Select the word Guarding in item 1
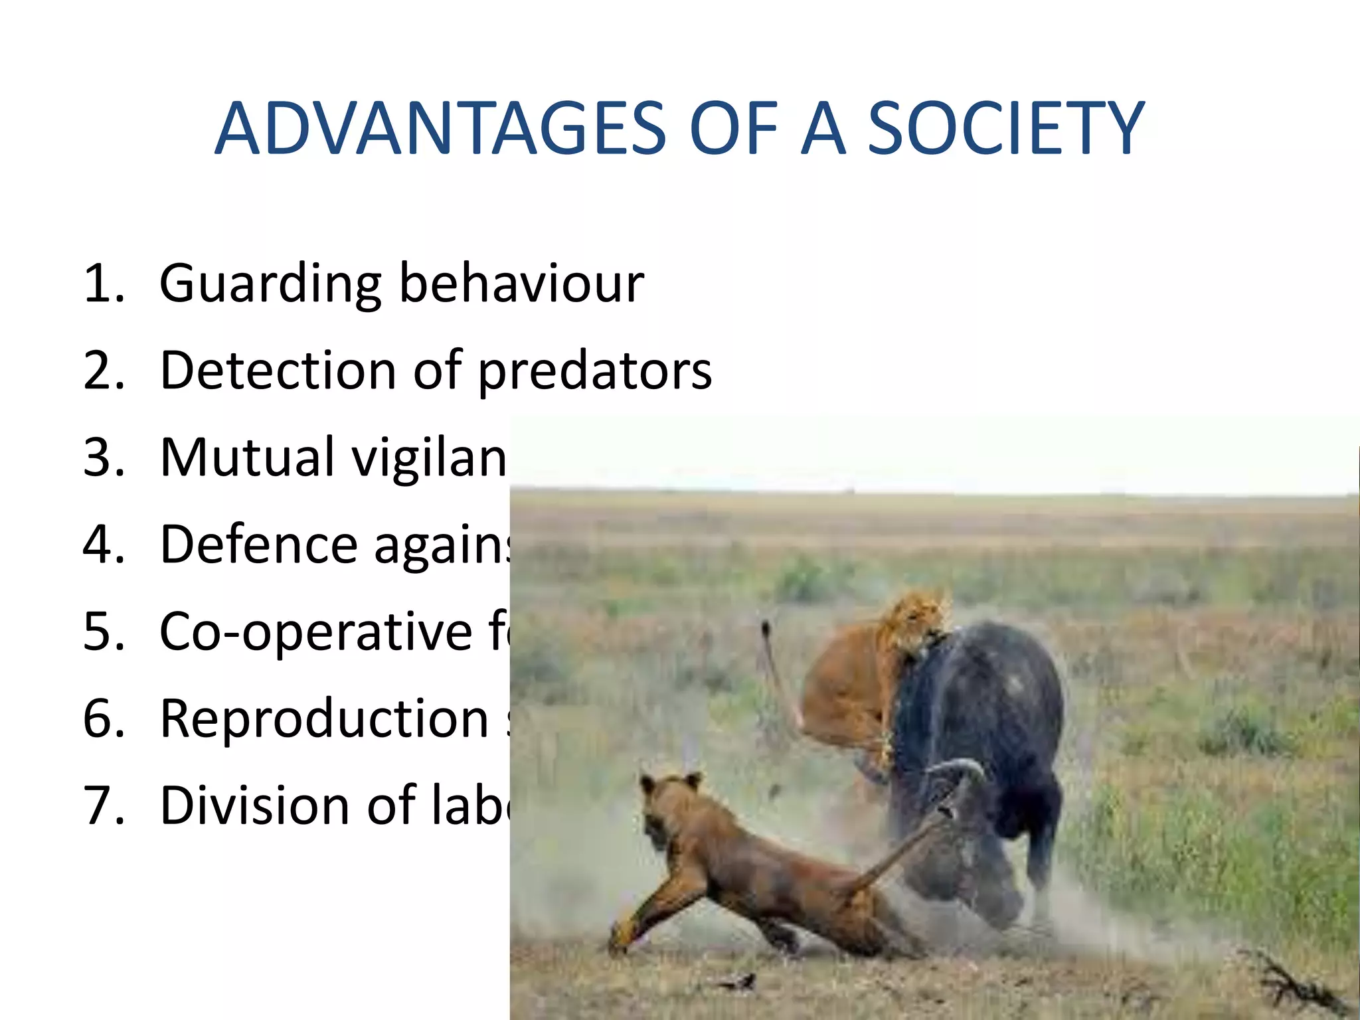point(270,284)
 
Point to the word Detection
point(278,370)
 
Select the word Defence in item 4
point(259,544)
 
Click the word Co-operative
point(316,632)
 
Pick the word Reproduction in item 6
point(325,719)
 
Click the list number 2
point(103,371)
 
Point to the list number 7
point(103,805)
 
